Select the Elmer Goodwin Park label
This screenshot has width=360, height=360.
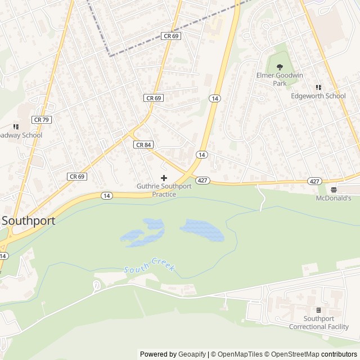coord(280,79)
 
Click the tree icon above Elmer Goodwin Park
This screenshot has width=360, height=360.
coord(280,67)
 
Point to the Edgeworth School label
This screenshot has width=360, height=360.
coord(318,96)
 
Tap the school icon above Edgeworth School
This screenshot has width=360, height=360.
coord(318,87)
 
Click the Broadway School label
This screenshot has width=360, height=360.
coord(20,136)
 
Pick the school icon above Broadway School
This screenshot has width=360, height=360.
coord(16,127)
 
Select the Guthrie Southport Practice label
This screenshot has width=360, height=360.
coord(164,190)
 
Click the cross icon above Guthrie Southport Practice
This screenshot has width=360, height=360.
coord(164,178)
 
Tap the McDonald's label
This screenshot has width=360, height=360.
coord(333,198)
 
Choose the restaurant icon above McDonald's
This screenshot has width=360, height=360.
coord(334,190)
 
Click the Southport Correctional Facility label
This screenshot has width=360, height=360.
coord(318,323)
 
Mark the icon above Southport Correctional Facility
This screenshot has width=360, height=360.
coord(318,310)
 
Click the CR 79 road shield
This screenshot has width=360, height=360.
coord(41,119)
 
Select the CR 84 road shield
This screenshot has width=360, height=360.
coord(143,145)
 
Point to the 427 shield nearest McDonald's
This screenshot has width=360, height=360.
coord(314,181)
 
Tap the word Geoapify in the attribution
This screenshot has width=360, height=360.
coord(192,354)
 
